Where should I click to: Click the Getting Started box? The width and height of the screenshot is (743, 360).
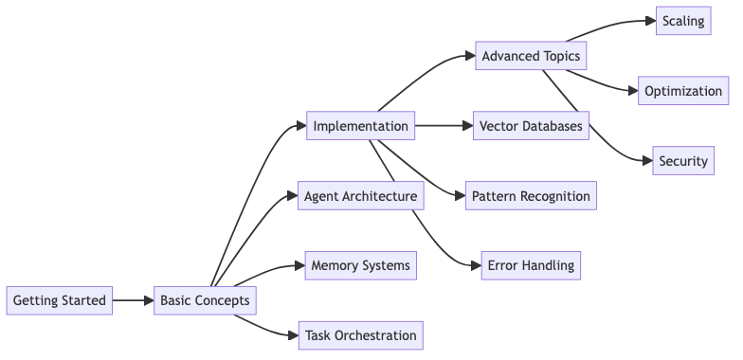coord(59,300)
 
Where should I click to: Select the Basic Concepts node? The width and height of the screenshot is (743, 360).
coord(205,300)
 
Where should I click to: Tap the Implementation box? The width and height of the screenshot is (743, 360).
coord(360,126)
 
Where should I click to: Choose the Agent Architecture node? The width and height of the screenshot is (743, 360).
coord(360,196)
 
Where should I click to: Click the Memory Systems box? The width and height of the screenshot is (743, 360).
coord(360,265)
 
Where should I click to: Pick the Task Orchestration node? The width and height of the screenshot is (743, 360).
coord(360,335)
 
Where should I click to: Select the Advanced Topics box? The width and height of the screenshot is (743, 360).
coord(531,56)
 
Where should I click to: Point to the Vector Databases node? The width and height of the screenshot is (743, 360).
coord(531,126)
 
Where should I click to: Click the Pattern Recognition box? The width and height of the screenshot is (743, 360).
coord(531,196)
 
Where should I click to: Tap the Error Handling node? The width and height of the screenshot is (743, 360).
coord(531,265)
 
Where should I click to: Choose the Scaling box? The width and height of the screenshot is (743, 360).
coord(683,21)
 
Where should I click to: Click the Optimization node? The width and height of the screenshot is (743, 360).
coord(683,91)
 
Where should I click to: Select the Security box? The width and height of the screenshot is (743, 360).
coord(683,161)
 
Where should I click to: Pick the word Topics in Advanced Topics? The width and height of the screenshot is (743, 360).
coord(561,56)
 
